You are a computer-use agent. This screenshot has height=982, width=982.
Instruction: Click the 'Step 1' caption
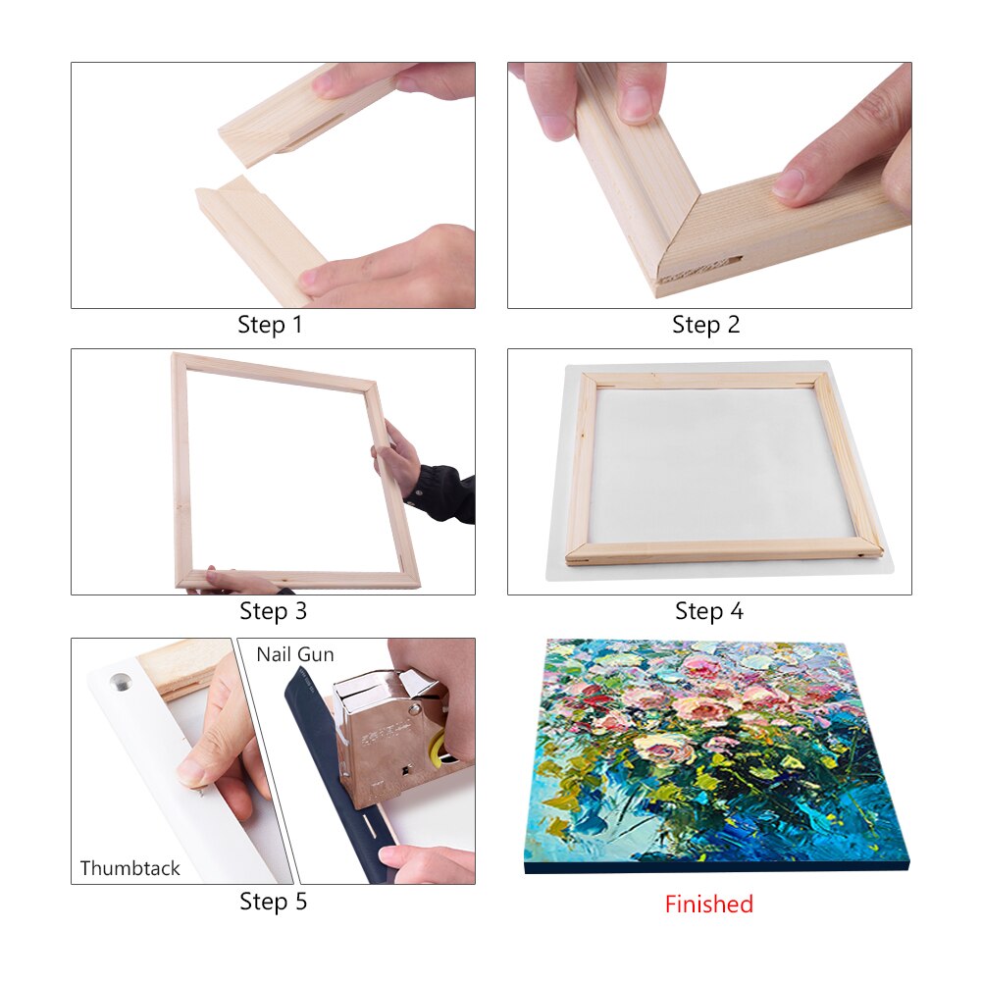click(x=270, y=325)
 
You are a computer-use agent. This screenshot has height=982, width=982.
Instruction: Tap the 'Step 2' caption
click(x=705, y=325)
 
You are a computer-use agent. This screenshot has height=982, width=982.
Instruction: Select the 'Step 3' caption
click(x=273, y=611)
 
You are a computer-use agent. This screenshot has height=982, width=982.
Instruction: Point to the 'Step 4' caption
click(x=708, y=611)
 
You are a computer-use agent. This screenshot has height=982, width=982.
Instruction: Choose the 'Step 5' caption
click(x=273, y=901)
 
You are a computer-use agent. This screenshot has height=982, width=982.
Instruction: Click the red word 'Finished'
click(x=708, y=904)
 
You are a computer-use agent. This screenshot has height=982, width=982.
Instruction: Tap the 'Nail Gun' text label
click(x=295, y=654)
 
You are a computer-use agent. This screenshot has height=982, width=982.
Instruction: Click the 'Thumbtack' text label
click(x=130, y=868)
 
